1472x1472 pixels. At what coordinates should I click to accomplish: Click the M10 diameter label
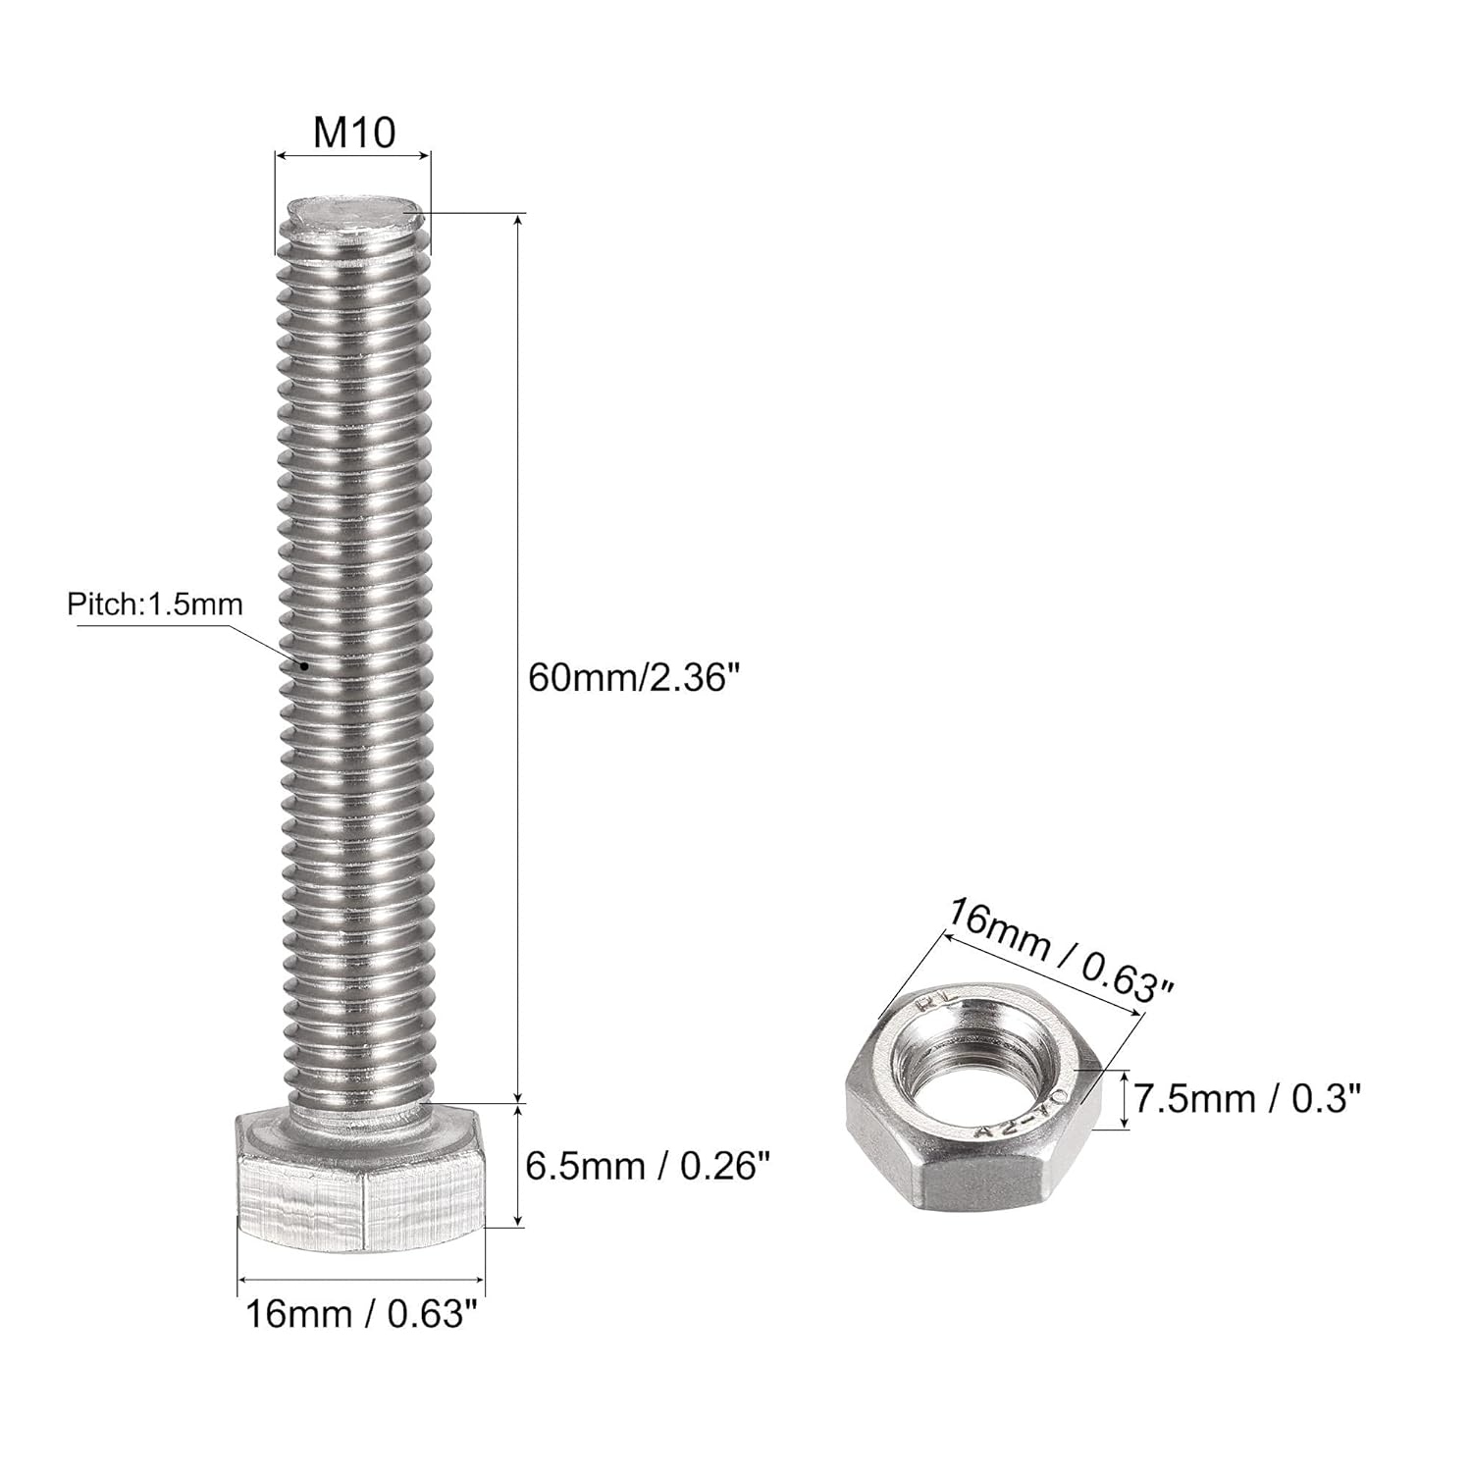click(x=354, y=131)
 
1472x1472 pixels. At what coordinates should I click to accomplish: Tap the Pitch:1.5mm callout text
click(x=155, y=604)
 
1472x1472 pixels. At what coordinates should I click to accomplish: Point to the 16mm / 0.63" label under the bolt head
click(x=354, y=1313)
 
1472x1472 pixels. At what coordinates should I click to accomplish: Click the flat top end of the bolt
click(x=356, y=212)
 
